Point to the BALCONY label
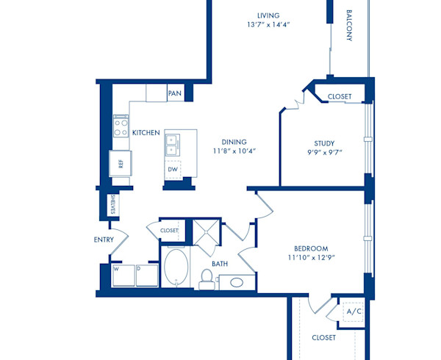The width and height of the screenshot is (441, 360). (349, 26)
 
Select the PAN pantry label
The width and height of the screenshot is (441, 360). (175, 93)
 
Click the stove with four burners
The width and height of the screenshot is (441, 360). (121, 129)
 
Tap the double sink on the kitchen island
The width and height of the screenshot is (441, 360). (171, 143)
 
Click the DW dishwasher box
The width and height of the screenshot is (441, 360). (173, 170)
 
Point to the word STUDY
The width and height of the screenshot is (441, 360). (324, 143)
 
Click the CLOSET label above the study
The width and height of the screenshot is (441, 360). (340, 96)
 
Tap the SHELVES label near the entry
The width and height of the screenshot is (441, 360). (112, 206)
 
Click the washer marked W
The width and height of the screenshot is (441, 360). (122, 276)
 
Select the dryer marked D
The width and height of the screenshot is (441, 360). (146, 276)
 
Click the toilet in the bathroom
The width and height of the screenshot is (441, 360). (207, 278)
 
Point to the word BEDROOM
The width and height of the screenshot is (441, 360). (310, 248)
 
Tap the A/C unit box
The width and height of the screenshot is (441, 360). (354, 312)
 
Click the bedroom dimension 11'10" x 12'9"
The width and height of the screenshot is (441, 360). (310, 259)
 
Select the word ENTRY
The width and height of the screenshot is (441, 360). (104, 240)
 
